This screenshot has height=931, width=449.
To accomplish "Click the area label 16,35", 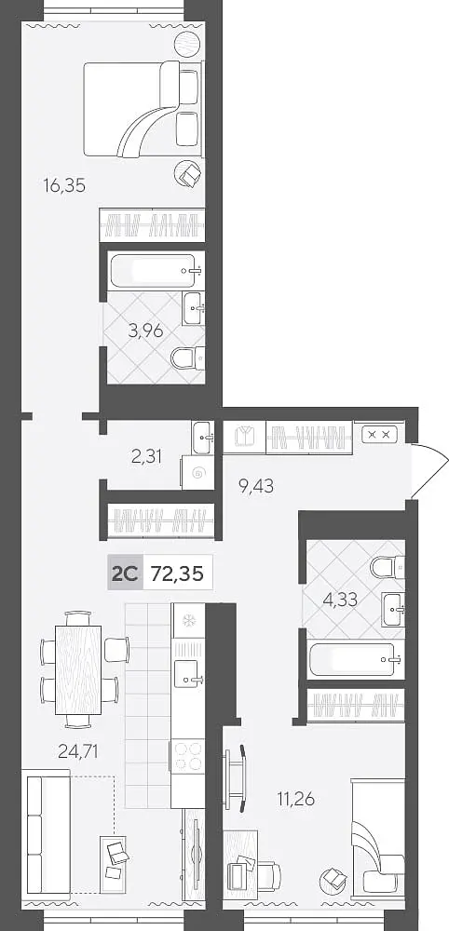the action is pyautogui.click(x=64, y=186).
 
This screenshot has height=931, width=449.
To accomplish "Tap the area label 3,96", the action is pyautogui.click(x=145, y=331).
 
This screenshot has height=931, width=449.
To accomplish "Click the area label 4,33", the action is pyautogui.click(x=340, y=599).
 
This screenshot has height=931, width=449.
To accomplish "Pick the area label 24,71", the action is pyautogui.click(x=78, y=752).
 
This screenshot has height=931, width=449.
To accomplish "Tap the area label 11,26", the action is pyautogui.click(x=296, y=799).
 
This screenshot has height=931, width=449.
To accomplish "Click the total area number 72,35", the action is pyautogui.click(x=178, y=574).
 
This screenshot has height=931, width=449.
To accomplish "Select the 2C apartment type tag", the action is pyautogui.click(x=125, y=574).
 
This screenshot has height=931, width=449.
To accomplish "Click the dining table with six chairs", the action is pyautogui.click(x=79, y=669).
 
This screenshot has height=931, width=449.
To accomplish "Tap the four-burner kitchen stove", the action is pyautogui.click(x=187, y=756).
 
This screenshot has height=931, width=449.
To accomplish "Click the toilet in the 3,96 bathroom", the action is pyautogui.click(x=187, y=358).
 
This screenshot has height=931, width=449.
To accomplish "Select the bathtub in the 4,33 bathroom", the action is pyautogui.click(x=356, y=660).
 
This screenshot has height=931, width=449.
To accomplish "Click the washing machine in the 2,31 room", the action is pyautogui.click(x=197, y=473).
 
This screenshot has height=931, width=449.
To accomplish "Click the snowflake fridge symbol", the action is pyautogui.click(x=187, y=621).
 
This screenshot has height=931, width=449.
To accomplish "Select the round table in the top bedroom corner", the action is pyautogui.click(x=188, y=44).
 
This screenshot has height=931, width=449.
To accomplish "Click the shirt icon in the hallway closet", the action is pyautogui.click(x=244, y=437).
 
